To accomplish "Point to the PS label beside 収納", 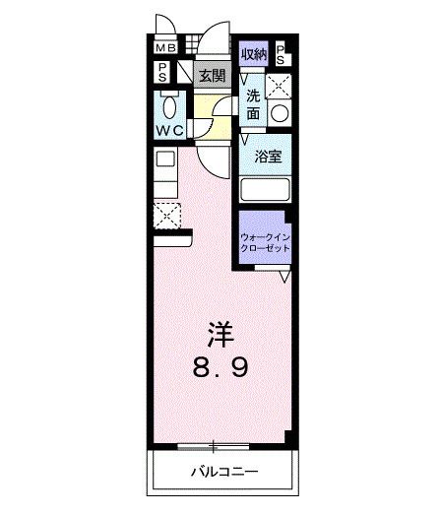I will (281, 55).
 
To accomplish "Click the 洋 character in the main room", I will (220, 332).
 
